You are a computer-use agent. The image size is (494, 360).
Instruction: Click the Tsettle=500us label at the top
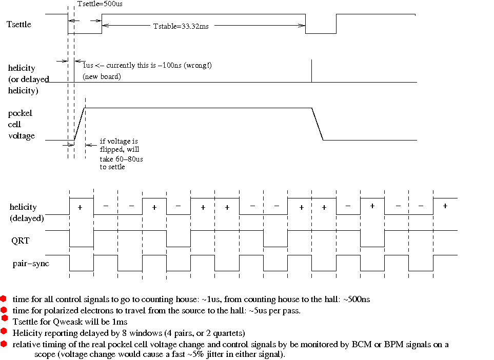(100, 4)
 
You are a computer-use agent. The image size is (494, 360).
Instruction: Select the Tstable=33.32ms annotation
(181, 26)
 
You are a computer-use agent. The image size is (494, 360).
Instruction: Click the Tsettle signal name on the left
(19, 25)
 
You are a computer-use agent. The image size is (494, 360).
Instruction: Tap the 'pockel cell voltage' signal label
(21, 125)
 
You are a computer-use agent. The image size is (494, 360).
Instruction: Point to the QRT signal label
(21, 241)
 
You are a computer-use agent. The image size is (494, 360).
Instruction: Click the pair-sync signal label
(31, 264)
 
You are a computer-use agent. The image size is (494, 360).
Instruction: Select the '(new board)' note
(102, 76)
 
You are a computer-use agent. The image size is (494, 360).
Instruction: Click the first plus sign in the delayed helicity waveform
(80, 208)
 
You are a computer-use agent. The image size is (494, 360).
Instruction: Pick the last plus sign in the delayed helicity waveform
(445, 206)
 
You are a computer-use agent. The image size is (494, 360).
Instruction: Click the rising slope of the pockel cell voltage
(80, 124)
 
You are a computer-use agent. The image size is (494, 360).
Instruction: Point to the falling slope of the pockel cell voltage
(318, 124)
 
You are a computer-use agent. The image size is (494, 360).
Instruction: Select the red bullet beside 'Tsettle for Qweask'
(5, 318)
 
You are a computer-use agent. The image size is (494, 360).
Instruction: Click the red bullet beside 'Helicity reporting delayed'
(4, 331)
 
